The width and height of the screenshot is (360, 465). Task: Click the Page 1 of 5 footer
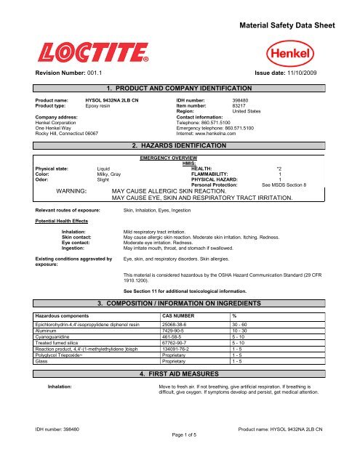180,458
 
